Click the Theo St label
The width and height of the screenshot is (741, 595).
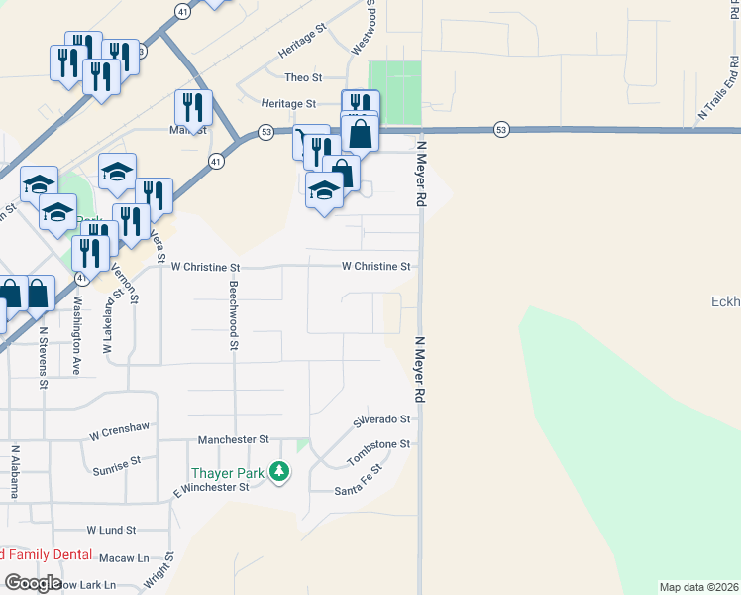(303, 77)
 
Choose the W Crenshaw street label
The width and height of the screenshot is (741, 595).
(119, 430)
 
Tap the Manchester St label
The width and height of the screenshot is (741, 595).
(234, 439)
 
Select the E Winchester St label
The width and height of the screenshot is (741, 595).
(211, 488)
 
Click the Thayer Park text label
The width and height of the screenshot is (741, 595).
(229, 473)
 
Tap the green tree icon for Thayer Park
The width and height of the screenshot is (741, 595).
(279, 471)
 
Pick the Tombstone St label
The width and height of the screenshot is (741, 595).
(378, 452)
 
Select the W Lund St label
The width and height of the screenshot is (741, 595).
(110, 531)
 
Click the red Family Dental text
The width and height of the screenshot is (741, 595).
(47, 555)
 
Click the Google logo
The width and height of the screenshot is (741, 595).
(33, 582)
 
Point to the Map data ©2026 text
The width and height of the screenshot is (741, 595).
(698, 587)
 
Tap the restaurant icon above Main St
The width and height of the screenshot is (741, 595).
(194, 106)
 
